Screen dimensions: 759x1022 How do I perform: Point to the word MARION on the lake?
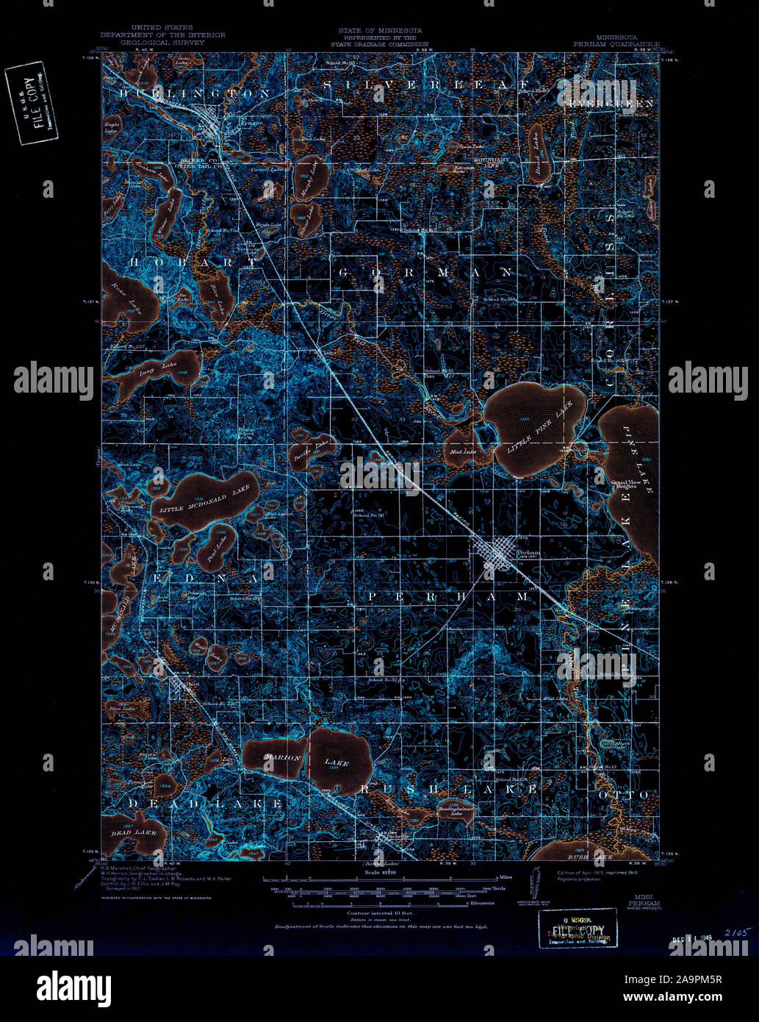point(284,758)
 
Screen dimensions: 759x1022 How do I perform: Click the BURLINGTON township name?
point(195,93)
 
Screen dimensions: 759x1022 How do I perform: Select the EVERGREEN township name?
point(611,104)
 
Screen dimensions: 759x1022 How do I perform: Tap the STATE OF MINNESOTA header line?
point(380,31)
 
